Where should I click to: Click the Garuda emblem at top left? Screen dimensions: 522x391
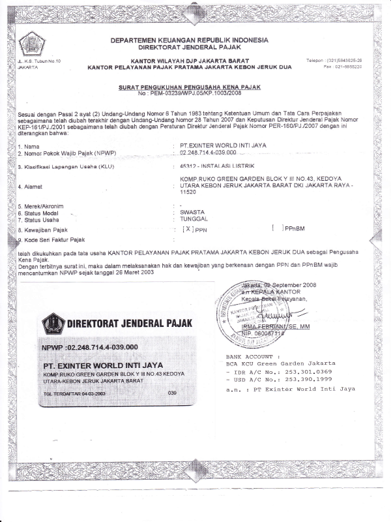tap(32, 44)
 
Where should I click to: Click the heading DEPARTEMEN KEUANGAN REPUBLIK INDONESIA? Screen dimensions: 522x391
tap(189, 40)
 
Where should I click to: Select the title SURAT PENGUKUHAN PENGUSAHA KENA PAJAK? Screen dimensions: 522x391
tap(188, 87)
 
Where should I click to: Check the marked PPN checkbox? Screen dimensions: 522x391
tap(188, 230)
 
